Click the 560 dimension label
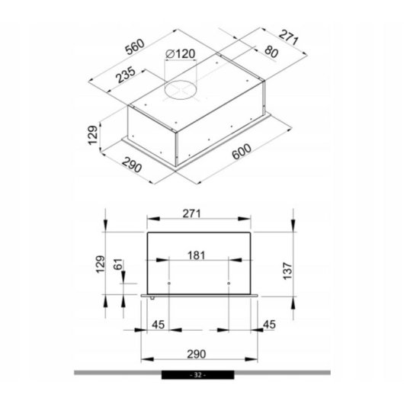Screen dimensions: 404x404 pyautogui.click(x=135, y=46)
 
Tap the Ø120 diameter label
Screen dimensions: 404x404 pyautogui.click(x=180, y=54)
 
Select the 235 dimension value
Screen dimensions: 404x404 pyautogui.click(x=125, y=75)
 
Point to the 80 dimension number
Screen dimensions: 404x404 pyautogui.click(x=271, y=52)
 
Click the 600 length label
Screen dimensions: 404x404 pyautogui.click(x=242, y=152)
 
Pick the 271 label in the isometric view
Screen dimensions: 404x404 pyautogui.click(x=289, y=37)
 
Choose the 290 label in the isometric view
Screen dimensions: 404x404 pyautogui.click(x=132, y=165)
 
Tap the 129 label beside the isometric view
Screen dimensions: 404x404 pyautogui.click(x=93, y=135)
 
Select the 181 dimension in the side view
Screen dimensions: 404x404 pyautogui.click(x=197, y=255)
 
